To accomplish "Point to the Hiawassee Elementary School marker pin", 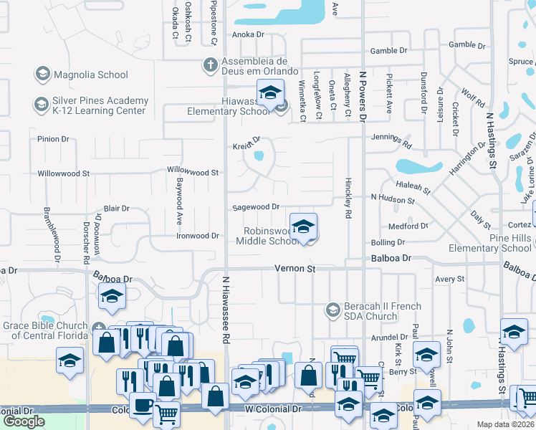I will [270, 95].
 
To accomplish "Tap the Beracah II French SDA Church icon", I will [332, 310].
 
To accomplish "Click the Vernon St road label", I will [295, 268].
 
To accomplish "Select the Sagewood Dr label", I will [256, 207].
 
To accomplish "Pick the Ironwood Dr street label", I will [198, 236].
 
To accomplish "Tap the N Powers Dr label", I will [363, 93].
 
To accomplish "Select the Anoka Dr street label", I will [248, 34].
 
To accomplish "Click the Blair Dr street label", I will [116, 209].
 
